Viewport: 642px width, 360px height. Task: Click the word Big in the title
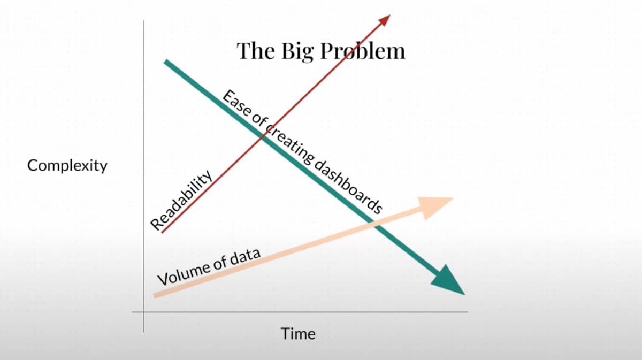[x=298, y=51]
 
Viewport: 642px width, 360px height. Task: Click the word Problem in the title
[x=363, y=51]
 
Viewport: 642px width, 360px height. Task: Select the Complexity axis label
[x=67, y=166]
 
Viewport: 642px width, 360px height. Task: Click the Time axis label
[x=299, y=334]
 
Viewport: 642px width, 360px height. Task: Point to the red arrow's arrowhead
[x=385, y=20]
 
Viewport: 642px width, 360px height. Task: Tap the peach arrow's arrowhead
[x=434, y=207]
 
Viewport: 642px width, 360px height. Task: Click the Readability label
[x=181, y=201]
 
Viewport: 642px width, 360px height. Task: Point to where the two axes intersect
[x=143, y=312]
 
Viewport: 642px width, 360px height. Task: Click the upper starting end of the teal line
[x=166, y=62]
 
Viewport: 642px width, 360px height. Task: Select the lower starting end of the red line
[x=162, y=232]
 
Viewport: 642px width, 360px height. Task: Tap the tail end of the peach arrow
[x=155, y=295]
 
